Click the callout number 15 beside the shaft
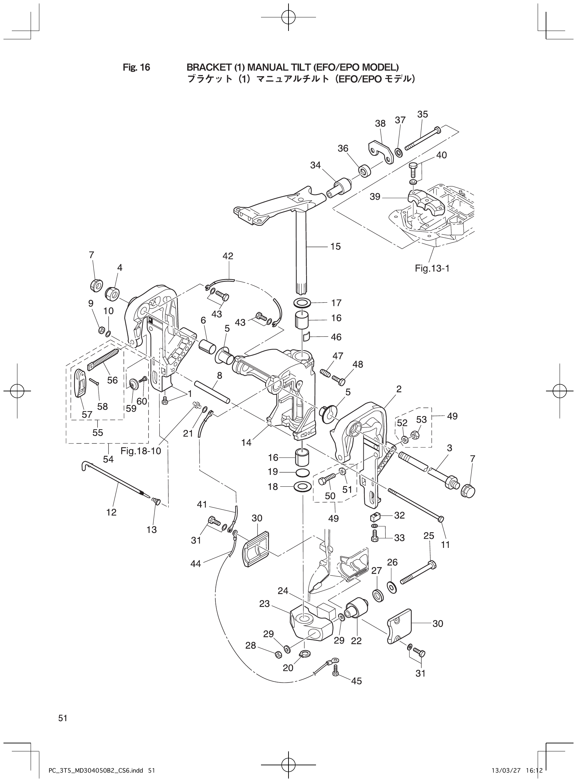pyautogui.click(x=335, y=247)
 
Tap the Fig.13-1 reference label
pyautogui.click(x=432, y=268)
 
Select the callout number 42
pyautogui.click(x=228, y=256)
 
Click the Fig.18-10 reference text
pyautogui.click(x=141, y=451)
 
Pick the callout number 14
pyautogui.click(x=246, y=442)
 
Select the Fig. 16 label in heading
pyautogui.click(x=136, y=67)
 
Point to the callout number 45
pyautogui.click(x=356, y=681)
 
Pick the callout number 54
pyautogui.click(x=108, y=459)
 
